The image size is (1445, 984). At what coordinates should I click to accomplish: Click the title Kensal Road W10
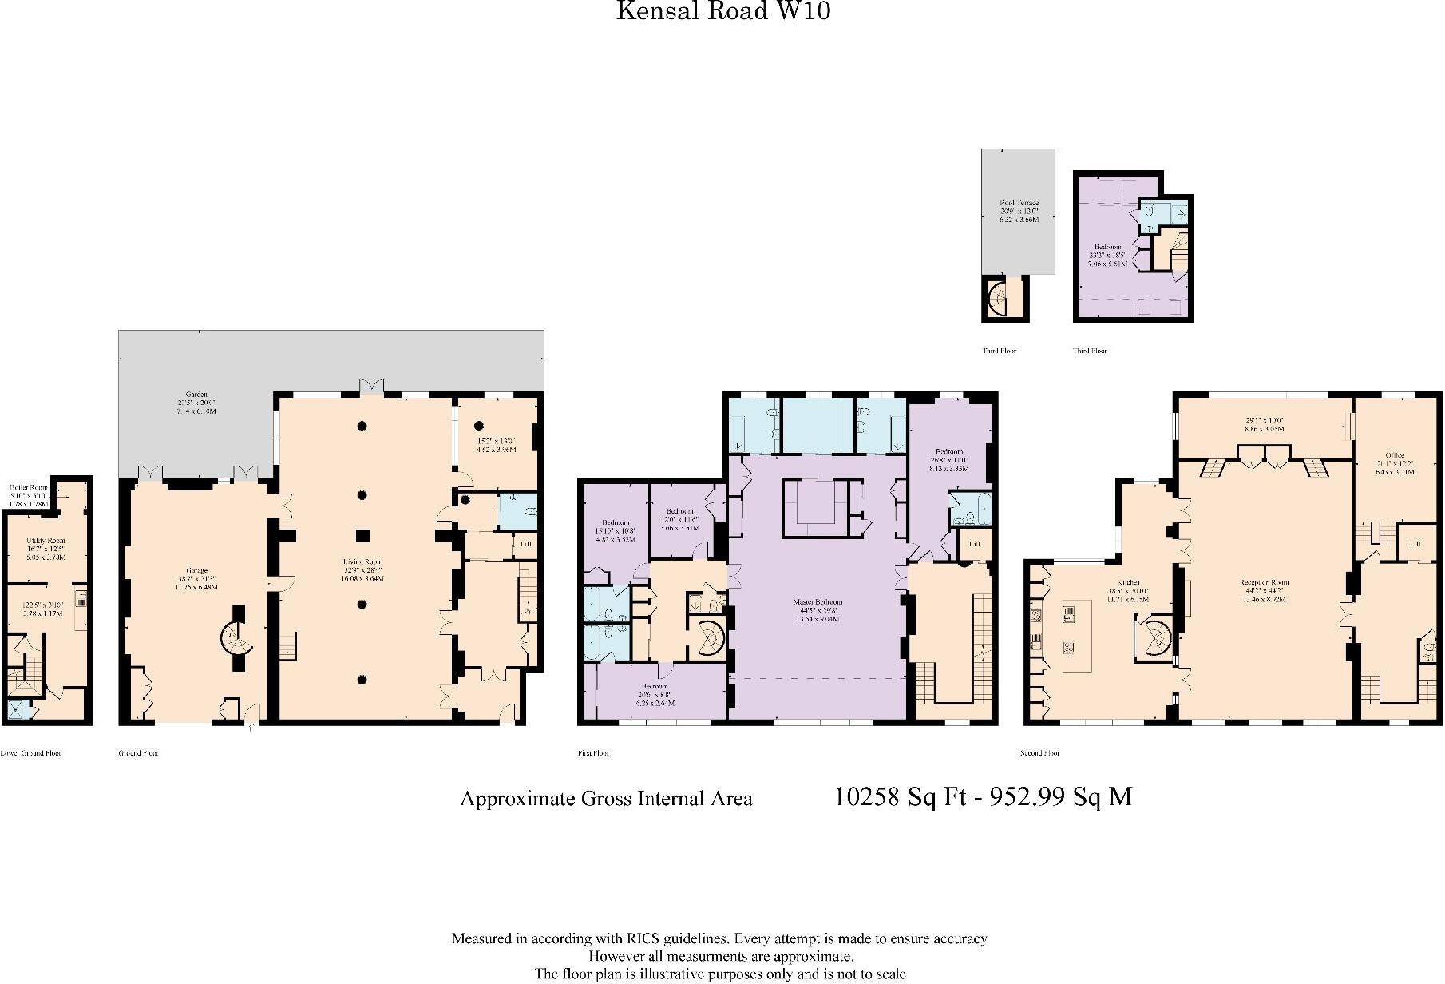click(x=722, y=11)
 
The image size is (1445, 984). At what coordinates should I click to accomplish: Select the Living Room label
click(x=363, y=563)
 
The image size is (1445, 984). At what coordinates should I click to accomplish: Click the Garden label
click(x=196, y=395)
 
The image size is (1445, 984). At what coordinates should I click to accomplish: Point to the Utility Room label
click(x=46, y=541)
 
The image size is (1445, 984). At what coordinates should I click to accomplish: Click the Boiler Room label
click(x=29, y=487)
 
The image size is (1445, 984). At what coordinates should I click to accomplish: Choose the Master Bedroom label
click(x=818, y=601)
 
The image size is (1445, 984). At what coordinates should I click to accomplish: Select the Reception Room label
click(x=1265, y=583)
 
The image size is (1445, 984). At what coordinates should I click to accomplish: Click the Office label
click(x=1395, y=455)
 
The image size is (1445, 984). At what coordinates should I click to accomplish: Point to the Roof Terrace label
click(x=1019, y=204)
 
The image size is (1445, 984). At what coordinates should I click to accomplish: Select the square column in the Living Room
click(x=362, y=535)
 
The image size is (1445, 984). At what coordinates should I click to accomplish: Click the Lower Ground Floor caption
click(x=30, y=753)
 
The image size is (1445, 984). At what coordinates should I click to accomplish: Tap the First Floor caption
click(x=593, y=753)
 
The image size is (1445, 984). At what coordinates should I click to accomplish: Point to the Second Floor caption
click(x=1039, y=753)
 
